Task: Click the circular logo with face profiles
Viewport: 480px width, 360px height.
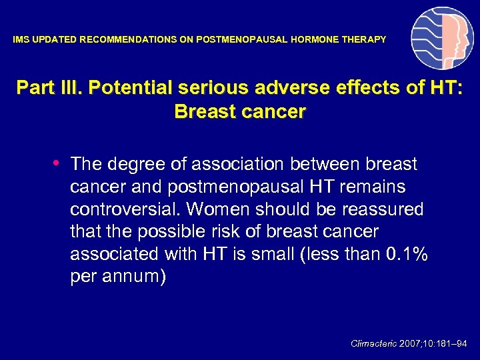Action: coord(442,38)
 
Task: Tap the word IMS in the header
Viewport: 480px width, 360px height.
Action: coord(21,40)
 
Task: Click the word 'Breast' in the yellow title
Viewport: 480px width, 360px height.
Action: coord(202,111)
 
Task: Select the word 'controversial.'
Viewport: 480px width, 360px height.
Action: coord(125,209)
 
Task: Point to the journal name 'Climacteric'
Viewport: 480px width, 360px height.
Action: coord(373,344)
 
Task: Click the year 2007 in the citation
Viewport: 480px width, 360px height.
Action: coord(411,344)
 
